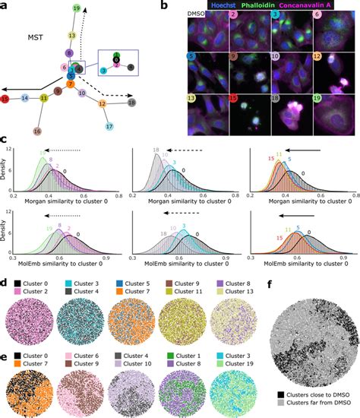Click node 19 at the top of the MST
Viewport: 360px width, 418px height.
(x=77, y=8)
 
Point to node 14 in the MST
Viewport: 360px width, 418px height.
(x=25, y=98)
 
